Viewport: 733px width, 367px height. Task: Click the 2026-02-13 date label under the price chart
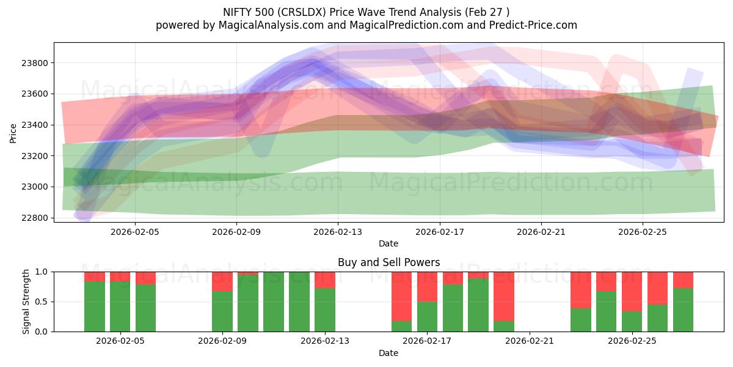[338, 232]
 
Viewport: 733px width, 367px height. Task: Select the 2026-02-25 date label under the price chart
[642, 232]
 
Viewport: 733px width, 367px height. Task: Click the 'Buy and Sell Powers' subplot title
[388, 262]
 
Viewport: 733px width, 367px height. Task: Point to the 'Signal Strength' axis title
[26, 302]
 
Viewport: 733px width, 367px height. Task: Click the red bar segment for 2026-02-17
[427, 286]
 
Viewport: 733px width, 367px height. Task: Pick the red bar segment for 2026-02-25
[632, 291]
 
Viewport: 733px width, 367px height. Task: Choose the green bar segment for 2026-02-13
[324, 310]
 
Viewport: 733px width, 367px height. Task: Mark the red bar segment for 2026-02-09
[222, 281]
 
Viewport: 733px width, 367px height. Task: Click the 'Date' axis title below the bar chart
[388, 353]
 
